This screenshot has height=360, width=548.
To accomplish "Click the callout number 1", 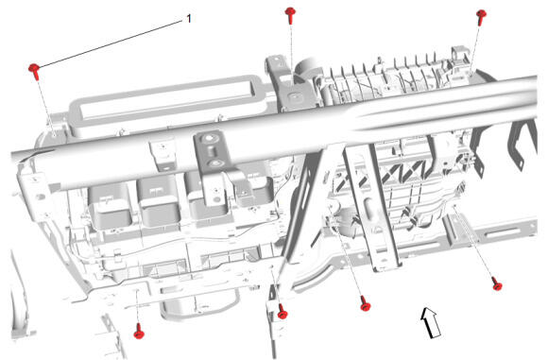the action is (189, 19).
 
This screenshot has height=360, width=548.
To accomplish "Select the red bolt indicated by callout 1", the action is (35, 71).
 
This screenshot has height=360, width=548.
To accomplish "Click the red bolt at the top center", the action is (290, 15).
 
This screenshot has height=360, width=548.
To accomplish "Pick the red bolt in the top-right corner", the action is (482, 17).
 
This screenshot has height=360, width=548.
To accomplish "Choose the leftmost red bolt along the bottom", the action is (139, 332).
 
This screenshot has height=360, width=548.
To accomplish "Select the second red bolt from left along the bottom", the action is (283, 312).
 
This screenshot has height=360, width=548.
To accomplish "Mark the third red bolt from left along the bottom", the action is (365, 303).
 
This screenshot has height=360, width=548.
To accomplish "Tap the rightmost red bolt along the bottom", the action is (496, 283).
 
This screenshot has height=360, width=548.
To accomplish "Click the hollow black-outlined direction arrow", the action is (431, 322).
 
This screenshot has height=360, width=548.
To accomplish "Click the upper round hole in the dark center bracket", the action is (209, 138).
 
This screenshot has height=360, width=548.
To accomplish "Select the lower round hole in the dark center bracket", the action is (214, 163).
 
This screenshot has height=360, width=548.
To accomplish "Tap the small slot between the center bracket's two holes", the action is (211, 151).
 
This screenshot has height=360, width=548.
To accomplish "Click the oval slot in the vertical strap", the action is (368, 207).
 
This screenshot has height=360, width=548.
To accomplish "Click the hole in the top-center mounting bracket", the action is (294, 94).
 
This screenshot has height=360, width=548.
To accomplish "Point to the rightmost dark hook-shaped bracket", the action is (523, 143).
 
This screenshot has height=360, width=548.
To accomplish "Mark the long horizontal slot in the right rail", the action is (504, 233).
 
